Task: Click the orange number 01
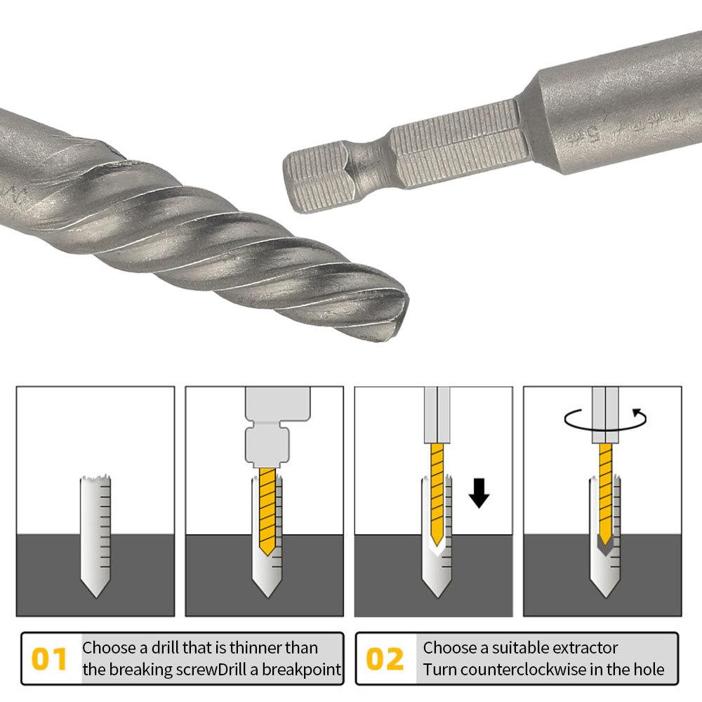click(x=50, y=659)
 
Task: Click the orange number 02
click(x=385, y=659)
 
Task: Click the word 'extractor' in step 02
click(x=583, y=647)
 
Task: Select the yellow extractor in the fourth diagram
click(x=604, y=491)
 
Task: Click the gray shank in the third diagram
click(x=435, y=414)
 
